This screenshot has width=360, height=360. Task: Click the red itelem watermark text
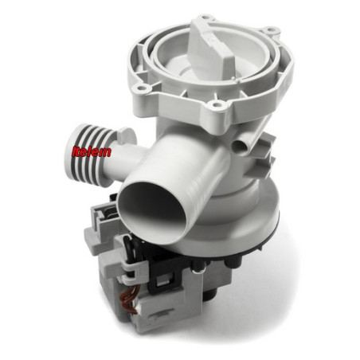point(92,151)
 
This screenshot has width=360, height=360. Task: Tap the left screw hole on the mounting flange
point(140,87)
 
